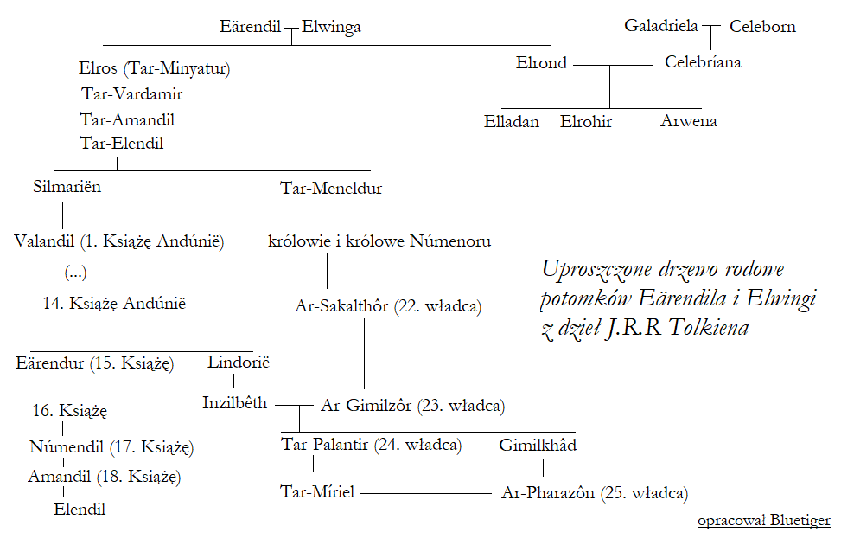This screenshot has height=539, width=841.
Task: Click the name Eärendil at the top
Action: [x=252, y=27]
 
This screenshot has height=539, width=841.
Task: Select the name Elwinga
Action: [x=331, y=27]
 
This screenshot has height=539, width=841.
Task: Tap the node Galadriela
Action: [x=660, y=26]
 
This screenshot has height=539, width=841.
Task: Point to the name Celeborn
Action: [x=762, y=27]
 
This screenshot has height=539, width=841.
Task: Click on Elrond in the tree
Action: [x=542, y=62]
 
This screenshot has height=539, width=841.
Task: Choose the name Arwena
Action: [x=689, y=121]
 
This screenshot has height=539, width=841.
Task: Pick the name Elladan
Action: [x=512, y=121]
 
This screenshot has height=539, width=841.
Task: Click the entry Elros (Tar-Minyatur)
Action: [x=155, y=67]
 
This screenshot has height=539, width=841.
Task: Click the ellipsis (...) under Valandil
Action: [x=76, y=273]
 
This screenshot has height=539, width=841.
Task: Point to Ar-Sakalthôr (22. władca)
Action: [x=388, y=305]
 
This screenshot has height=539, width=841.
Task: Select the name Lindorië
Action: [x=239, y=363]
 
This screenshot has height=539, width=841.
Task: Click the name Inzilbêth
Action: [x=235, y=402]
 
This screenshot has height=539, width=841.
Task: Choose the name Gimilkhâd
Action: [x=538, y=446]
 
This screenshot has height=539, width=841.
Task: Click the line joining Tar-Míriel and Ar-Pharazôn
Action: [x=425, y=493]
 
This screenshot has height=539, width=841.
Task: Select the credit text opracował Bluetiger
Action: [x=764, y=520]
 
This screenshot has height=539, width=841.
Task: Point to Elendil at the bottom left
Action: [x=80, y=510]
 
